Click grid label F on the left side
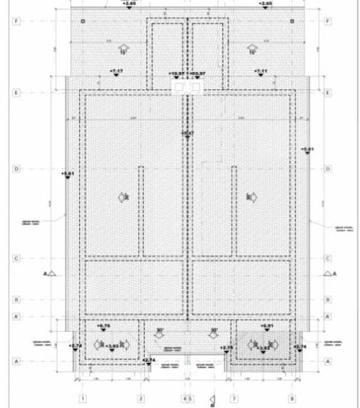[x=14, y=22]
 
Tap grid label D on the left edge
[x=14, y=169]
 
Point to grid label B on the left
[x=14, y=299]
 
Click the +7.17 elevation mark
[x=116, y=71]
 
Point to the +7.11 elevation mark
[x=261, y=71]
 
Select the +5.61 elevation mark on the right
[x=308, y=149]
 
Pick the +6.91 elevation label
[x=266, y=327]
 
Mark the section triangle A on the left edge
[x=51, y=274]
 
